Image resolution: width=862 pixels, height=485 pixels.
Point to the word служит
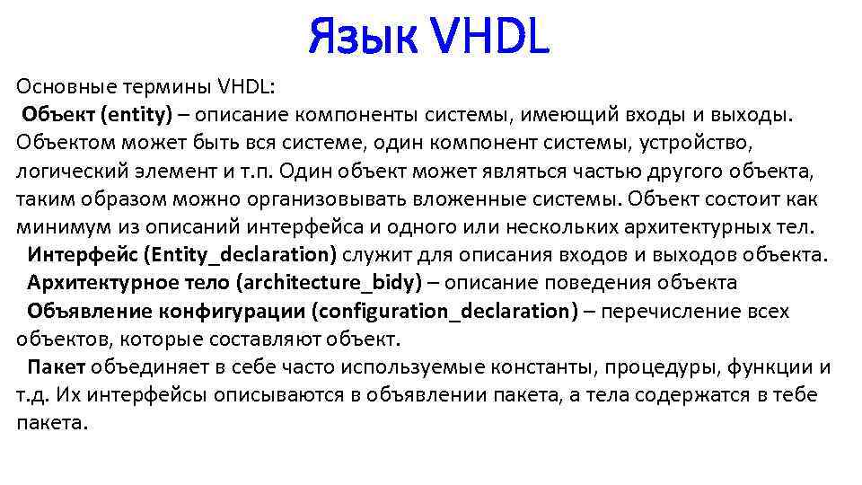pos(382,255)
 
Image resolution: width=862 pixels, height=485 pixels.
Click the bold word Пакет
pos(57,367)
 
